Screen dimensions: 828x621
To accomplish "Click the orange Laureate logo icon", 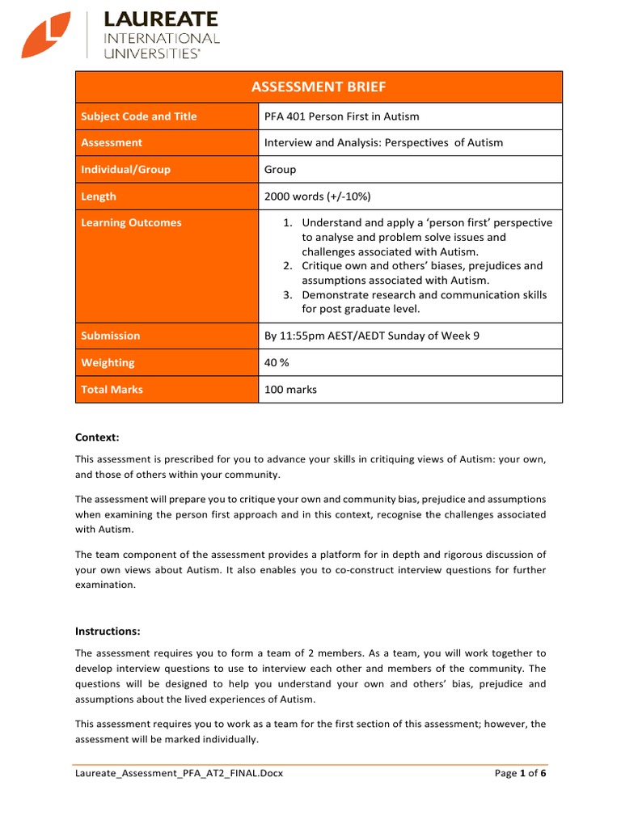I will pyautogui.click(x=47, y=36).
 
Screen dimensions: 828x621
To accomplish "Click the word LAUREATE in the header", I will pyautogui.click(x=161, y=19).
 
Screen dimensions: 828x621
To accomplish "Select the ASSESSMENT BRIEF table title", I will pyautogui.click(x=319, y=87).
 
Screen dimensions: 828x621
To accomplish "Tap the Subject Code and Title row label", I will pyautogui.click(x=138, y=116).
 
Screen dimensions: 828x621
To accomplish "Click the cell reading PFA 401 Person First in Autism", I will pyautogui.click(x=342, y=116).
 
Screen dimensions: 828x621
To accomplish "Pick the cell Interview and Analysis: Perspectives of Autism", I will pyautogui.click(x=383, y=143).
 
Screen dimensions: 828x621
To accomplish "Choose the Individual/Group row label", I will pyautogui.click(x=125, y=170).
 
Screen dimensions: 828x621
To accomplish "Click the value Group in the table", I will pyautogui.click(x=281, y=170).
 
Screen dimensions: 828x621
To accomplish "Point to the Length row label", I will pyautogui.click(x=99, y=196).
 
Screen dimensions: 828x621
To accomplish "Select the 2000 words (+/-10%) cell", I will pyautogui.click(x=317, y=196).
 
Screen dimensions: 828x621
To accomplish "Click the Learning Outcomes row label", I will pyautogui.click(x=131, y=223).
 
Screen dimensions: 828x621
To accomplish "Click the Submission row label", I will pyautogui.click(x=110, y=336).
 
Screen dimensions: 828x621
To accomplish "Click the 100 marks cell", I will pyautogui.click(x=290, y=390).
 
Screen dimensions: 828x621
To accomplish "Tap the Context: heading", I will pyautogui.click(x=97, y=437).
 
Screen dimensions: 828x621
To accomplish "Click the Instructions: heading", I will pyautogui.click(x=108, y=631).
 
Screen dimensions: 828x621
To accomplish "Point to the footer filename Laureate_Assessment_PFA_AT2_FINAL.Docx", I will pyautogui.click(x=179, y=774).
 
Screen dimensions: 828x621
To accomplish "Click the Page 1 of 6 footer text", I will pyautogui.click(x=520, y=774).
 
